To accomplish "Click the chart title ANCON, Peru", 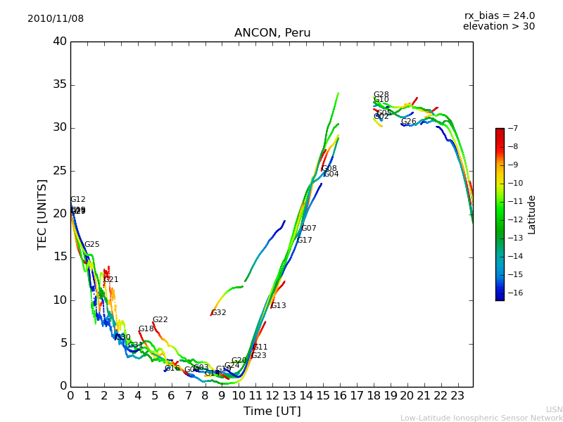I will pos(272,33).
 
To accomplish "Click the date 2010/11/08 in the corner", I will pos(56,19).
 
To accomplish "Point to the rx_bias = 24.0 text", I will pos(499,16).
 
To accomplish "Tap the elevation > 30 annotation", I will pos(498,27).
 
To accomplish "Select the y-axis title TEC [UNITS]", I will pos(43,215).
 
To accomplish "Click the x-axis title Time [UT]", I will pos(272,411).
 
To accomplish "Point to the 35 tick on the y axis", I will pos(60,85).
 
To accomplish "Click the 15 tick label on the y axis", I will pos(60,257).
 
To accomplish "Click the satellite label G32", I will pos(219,313).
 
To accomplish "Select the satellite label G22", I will pos(160,320).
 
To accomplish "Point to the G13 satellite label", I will pos(279,306).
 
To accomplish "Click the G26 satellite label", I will pos(409,122).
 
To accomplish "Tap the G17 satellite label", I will pos(304,241).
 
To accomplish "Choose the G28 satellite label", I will pos(381,95).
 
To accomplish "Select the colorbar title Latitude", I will pos(532,215).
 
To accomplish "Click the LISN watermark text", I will pos(554,409).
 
